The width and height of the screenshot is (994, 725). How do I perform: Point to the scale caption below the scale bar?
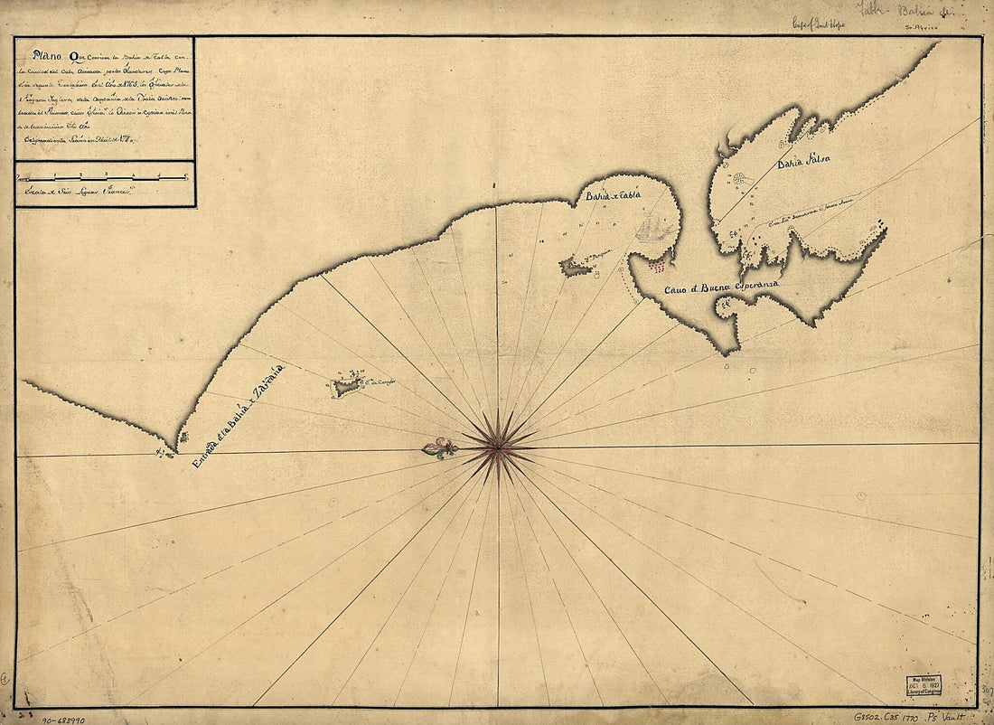[78, 192]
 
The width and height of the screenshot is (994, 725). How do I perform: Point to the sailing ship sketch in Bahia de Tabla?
[651, 228]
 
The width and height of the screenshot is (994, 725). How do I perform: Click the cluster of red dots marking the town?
[661, 265]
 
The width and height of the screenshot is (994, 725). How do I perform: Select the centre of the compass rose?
[497, 445]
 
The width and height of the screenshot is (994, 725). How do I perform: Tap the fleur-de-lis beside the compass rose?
[441, 447]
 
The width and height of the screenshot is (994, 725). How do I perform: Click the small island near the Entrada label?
[346, 387]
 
